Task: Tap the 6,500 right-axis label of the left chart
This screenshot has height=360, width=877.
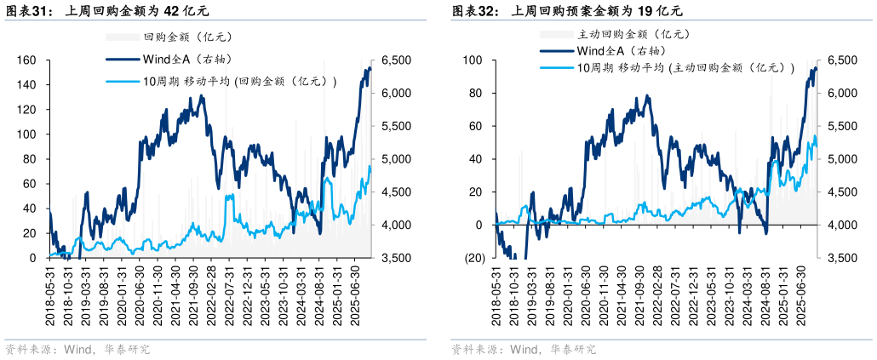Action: click(397, 60)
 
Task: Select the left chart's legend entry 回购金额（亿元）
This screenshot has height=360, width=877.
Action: click(187, 37)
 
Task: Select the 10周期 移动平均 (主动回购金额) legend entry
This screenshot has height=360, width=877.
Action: click(685, 68)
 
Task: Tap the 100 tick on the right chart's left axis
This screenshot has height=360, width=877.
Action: click(472, 60)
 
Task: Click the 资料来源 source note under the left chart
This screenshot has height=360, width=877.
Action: click(77, 350)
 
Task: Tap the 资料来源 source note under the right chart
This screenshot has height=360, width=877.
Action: click(524, 350)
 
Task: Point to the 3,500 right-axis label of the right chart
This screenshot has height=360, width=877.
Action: click(843, 258)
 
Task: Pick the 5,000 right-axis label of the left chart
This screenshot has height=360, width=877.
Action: click(397, 159)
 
